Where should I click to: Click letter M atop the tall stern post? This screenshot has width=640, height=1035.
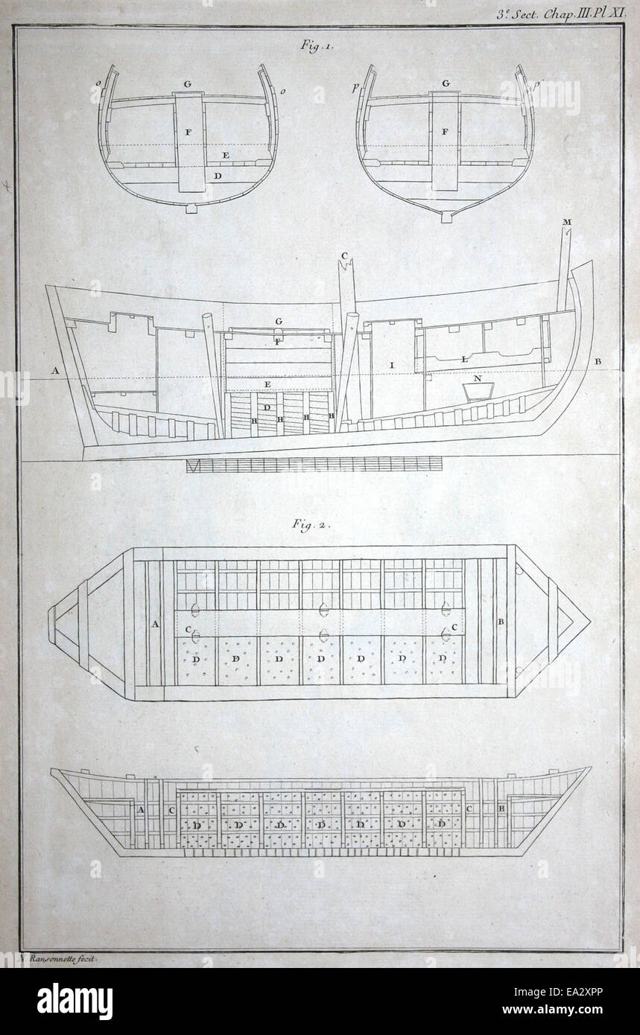click(x=567, y=223)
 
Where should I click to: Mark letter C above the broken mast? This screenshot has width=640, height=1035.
click(x=344, y=256)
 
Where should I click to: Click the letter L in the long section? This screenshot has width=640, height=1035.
click(x=464, y=359)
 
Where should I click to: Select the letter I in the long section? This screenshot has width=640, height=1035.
click(x=390, y=365)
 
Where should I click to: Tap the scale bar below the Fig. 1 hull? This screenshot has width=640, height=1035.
click(x=313, y=465)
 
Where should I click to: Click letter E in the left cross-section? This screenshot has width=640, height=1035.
click(x=224, y=156)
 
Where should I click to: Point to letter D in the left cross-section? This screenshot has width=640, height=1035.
click(x=217, y=176)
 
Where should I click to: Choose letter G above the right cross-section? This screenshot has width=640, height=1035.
click(x=445, y=83)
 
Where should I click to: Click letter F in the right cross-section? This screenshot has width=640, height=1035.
click(x=445, y=132)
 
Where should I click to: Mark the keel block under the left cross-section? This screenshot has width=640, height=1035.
click(x=191, y=208)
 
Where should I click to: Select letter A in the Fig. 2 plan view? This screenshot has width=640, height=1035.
click(x=155, y=624)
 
